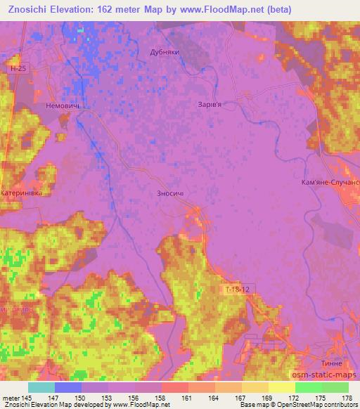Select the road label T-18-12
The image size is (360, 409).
(236, 289)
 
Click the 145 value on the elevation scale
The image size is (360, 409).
(28, 397)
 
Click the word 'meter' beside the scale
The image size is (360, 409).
(11, 397)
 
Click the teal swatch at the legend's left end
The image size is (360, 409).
(41, 387)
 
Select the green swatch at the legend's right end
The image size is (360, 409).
(335, 387)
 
